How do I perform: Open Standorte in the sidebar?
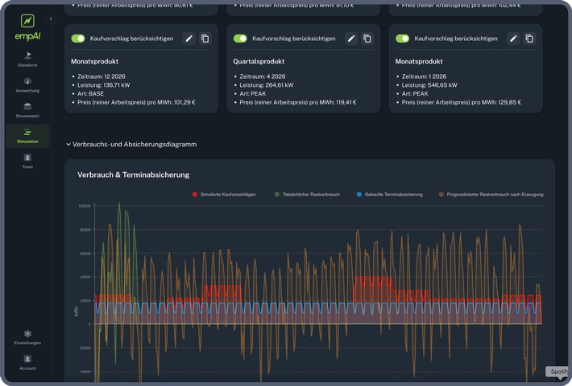27,58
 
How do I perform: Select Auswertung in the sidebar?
27,84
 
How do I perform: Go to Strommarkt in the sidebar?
27,109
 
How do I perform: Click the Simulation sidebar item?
27,135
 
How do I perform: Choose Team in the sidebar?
27,160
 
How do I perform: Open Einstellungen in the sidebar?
27,336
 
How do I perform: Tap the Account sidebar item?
27,361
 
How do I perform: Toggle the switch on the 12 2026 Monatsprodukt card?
78,39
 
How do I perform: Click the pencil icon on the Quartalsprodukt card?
351,39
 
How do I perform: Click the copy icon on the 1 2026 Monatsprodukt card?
529,39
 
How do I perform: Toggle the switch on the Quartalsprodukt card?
240,39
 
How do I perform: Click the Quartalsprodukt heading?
261,61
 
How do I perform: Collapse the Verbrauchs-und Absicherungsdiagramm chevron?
68,145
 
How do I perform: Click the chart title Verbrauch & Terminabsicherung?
133,175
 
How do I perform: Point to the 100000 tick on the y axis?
85,206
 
